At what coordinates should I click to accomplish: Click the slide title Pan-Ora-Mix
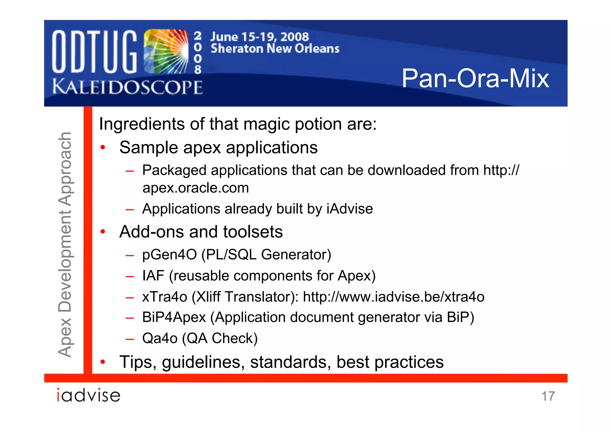[475, 78]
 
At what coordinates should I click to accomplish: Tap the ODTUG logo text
[94, 52]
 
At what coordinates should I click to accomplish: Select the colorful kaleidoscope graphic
[166, 51]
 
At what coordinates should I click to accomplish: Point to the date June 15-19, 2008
[259, 37]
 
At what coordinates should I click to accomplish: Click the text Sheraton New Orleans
[275, 48]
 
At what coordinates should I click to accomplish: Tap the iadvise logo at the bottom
[88, 395]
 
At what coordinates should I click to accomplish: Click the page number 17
[548, 396]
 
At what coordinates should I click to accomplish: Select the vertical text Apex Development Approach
[65, 244]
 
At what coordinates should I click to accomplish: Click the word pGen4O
[169, 255]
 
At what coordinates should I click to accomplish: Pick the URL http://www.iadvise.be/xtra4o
[394, 297]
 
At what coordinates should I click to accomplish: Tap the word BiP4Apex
[174, 317]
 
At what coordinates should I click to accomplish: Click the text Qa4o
[160, 338]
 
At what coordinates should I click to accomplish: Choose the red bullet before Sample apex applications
[103, 148]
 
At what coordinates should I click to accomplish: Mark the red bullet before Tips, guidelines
[103, 362]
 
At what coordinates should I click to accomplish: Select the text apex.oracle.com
[196, 188]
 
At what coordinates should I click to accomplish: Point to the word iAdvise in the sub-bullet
[350, 209]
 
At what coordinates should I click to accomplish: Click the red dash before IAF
[130, 276]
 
